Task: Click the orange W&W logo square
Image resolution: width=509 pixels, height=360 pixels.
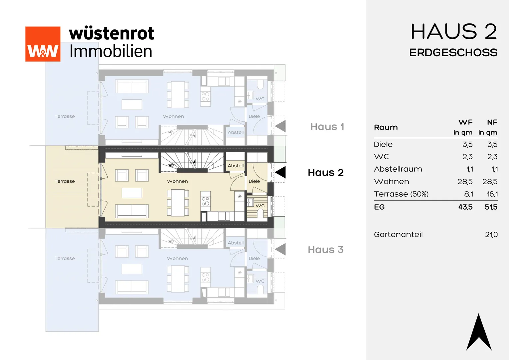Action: (43, 44)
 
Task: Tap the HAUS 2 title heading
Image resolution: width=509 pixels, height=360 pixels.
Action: (454, 32)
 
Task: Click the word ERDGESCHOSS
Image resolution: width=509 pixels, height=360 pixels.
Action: (453, 53)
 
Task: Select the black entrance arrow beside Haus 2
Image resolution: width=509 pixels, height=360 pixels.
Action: (280, 172)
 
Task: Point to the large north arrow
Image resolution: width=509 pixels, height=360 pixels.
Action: (479, 332)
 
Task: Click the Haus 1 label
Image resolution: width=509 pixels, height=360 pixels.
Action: (327, 127)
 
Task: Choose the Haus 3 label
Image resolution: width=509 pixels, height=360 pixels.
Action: (326, 250)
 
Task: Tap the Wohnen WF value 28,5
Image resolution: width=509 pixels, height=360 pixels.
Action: (465, 181)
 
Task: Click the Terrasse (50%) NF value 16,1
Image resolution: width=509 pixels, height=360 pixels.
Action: (492, 194)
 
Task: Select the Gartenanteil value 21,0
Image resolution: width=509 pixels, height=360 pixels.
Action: (491, 234)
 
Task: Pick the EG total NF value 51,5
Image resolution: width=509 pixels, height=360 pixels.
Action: (491, 207)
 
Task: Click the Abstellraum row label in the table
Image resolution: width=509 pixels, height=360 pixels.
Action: (398, 169)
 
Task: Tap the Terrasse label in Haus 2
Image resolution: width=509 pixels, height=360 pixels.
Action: (65, 181)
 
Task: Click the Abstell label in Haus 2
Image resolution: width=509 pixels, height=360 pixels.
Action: (236, 166)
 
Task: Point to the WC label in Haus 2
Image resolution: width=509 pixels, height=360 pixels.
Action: (260, 206)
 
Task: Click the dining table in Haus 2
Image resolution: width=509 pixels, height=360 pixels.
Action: (178, 203)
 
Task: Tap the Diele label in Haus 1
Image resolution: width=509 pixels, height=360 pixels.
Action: (254, 116)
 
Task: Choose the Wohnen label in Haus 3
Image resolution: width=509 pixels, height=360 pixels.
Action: (177, 258)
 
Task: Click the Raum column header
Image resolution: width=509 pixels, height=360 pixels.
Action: (386, 127)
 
